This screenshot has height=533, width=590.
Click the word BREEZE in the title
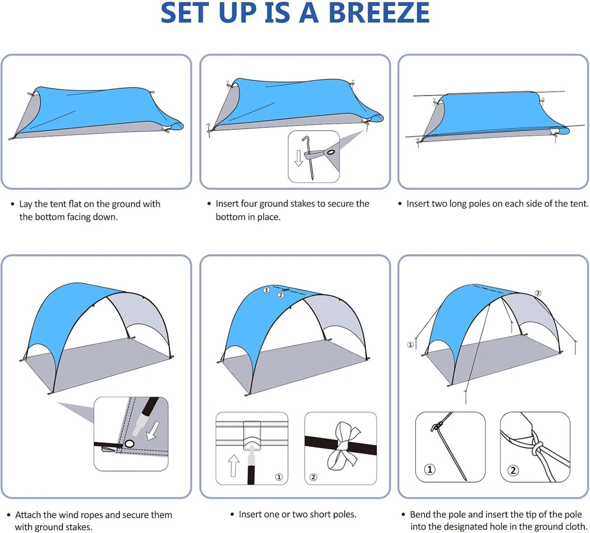tap(379, 13)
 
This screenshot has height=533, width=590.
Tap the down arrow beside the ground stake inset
tap(299, 158)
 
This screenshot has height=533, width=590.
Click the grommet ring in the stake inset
tap(331, 152)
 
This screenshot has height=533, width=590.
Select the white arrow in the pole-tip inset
tap(152, 430)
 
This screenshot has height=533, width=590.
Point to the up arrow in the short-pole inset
tap(234, 465)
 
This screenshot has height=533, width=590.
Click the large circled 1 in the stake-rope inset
tap(430, 469)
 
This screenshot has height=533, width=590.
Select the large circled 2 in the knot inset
tap(513, 470)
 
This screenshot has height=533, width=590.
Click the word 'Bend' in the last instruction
tap(420, 514)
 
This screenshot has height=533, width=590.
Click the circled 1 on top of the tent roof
tap(267, 290)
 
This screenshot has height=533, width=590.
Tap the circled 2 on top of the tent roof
tap(281, 295)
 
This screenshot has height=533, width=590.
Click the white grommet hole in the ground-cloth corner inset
tap(129, 444)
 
